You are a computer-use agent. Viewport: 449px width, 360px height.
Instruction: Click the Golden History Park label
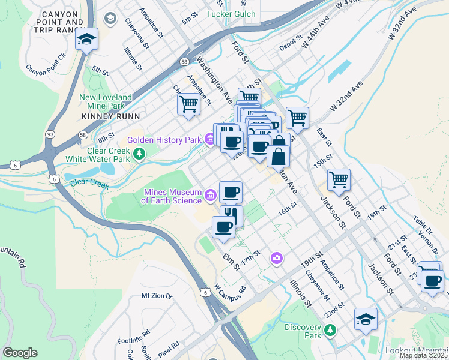click(x=163, y=140)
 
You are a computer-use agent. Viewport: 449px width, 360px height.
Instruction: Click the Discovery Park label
click(x=303, y=331)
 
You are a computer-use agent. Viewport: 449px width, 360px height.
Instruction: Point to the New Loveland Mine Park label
click(x=106, y=101)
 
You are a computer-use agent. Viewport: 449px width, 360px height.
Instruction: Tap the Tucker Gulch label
click(x=231, y=14)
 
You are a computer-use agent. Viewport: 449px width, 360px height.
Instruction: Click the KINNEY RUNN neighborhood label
click(x=111, y=116)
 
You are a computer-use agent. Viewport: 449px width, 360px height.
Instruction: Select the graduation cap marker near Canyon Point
click(x=86, y=40)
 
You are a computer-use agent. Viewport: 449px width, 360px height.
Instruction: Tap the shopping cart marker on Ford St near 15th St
click(x=339, y=179)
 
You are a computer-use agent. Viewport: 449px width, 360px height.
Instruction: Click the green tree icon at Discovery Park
click(x=329, y=331)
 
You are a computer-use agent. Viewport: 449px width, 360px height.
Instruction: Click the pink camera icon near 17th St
click(x=276, y=258)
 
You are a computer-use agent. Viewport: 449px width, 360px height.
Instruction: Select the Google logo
click(x=20, y=353)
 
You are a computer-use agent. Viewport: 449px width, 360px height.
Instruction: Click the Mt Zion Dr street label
click(x=157, y=296)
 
